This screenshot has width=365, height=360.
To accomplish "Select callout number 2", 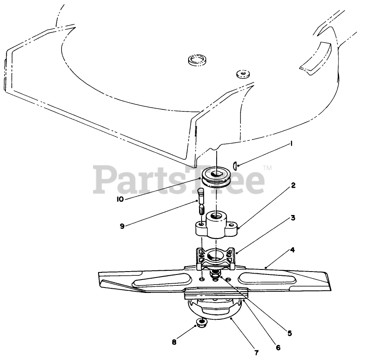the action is tap(293, 185).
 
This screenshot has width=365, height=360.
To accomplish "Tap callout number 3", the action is tap(293, 218).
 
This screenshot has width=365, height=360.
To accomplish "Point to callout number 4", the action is tap(292, 250).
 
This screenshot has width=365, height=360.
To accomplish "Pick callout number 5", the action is tap(290, 334).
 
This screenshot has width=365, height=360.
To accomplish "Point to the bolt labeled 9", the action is tap(200, 201).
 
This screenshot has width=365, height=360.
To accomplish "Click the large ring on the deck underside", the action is tap(197, 60).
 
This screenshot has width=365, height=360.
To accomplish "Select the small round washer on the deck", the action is tap(242, 74).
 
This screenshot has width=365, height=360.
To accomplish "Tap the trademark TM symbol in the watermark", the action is tap(267, 168).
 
